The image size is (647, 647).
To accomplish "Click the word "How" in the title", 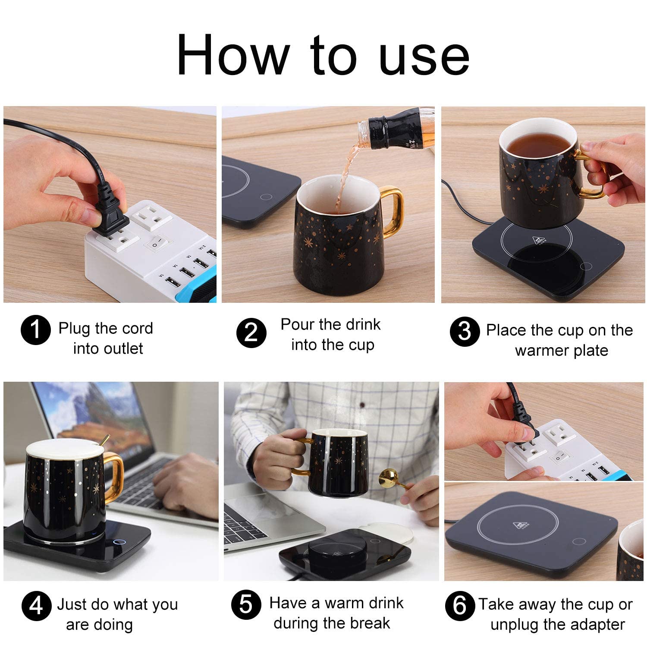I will (x=233, y=55).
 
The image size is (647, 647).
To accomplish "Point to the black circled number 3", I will (x=465, y=332).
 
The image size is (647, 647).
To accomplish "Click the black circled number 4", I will (x=36, y=606).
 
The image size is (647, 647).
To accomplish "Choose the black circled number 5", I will (x=246, y=605).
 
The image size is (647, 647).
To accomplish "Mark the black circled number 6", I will (x=460, y=606).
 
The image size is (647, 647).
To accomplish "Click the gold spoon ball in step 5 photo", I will (x=386, y=478).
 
